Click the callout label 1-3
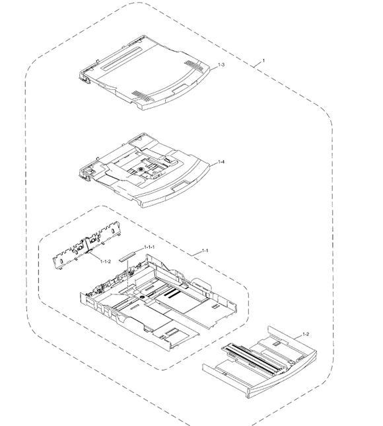tap(221, 65)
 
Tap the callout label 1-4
tap(221, 162)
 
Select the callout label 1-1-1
tap(149, 247)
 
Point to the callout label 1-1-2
tap(106, 261)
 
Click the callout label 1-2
tap(306, 334)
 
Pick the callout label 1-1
tap(205, 251)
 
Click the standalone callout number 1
tap(263, 61)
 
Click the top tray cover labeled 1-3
tap(145, 73)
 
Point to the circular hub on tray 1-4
tap(140, 169)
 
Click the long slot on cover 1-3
tap(121, 58)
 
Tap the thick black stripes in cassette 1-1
tap(171, 293)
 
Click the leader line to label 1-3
tap(214, 67)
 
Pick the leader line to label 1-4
tap(214, 164)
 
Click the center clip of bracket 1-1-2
tap(87, 245)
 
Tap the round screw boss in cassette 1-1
tap(143, 298)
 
